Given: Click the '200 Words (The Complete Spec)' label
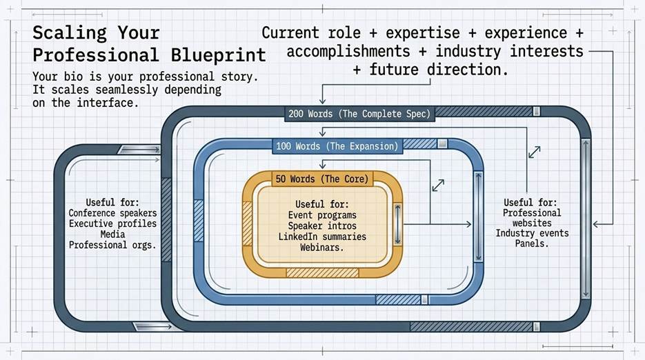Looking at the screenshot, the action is [x=359, y=114].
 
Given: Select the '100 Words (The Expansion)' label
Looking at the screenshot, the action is [x=337, y=146].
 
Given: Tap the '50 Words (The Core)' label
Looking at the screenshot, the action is [x=322, y=179].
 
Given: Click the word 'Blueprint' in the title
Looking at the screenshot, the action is [x=219, y=55].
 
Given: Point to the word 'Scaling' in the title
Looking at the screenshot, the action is [x=70, y=33].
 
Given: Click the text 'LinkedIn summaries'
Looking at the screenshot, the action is [x=322, y=237].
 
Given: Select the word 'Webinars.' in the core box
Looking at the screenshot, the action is [x=321, y=248].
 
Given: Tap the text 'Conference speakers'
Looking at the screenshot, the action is [x=112, y=213].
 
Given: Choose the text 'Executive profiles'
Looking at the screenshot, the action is [x=112, y=224].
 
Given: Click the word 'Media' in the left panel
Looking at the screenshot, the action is [x=112, y=234].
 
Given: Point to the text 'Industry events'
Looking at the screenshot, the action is [x=532, y=233].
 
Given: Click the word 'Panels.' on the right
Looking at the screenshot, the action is [x=532, y=243].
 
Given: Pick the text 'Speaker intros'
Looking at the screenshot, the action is [x=322, y=226].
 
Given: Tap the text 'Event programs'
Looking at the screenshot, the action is [x=322, y=215].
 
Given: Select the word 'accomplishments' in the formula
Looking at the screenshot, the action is [x=348, y=52].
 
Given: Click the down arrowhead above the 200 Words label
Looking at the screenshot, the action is [x=323, y=101].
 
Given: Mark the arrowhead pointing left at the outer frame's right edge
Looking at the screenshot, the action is [x=597, y=224].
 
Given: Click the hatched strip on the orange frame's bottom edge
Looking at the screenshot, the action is [x=322, y=272].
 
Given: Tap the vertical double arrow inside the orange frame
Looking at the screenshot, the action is [x=397, y=224].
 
